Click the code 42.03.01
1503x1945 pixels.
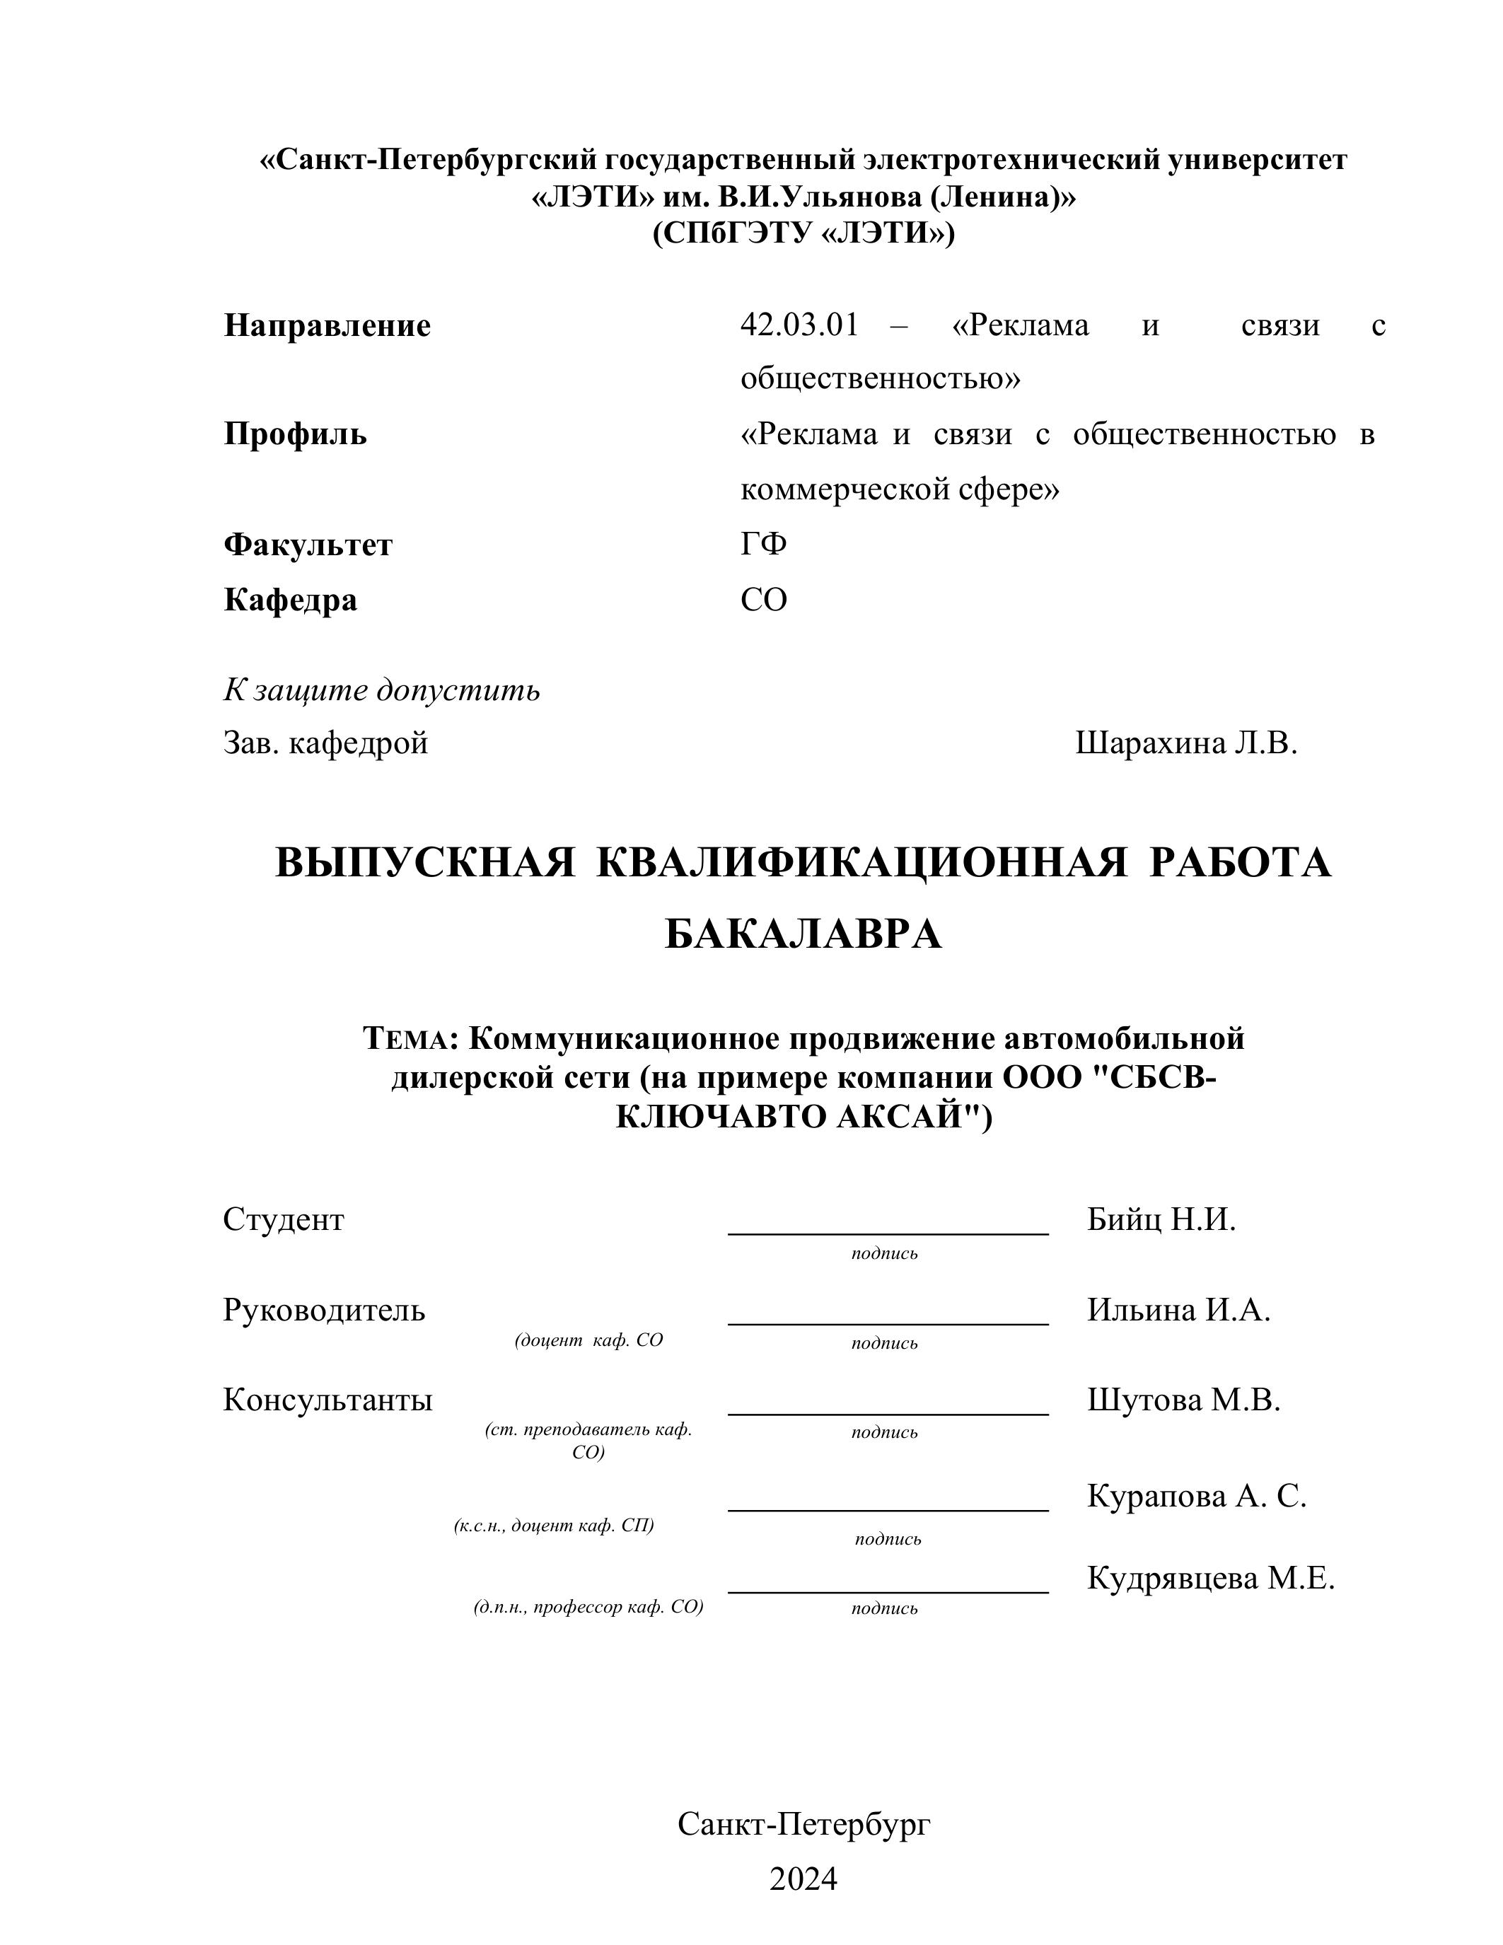[799, 326]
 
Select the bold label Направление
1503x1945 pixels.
[327, 326]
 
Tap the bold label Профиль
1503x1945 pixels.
[295, 434]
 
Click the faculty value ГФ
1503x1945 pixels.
[763, 544]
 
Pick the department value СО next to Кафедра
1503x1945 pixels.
[763, 600]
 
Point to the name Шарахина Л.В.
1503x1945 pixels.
[1186, 743]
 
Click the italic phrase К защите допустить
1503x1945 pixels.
[381, 690]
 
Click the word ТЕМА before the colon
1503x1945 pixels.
[409, 1038]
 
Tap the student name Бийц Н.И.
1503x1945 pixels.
[1161, 1220]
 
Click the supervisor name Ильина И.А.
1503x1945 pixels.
[1178, 1310]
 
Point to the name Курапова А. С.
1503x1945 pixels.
[1196, 1496]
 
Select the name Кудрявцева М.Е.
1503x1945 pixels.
[1210, 1579]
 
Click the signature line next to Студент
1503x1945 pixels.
[888, 1233]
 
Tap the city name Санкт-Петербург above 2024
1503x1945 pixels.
[803, 1824]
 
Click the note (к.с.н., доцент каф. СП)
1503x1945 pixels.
[554, 1526]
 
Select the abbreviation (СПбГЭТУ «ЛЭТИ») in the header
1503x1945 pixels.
[803, 233]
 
